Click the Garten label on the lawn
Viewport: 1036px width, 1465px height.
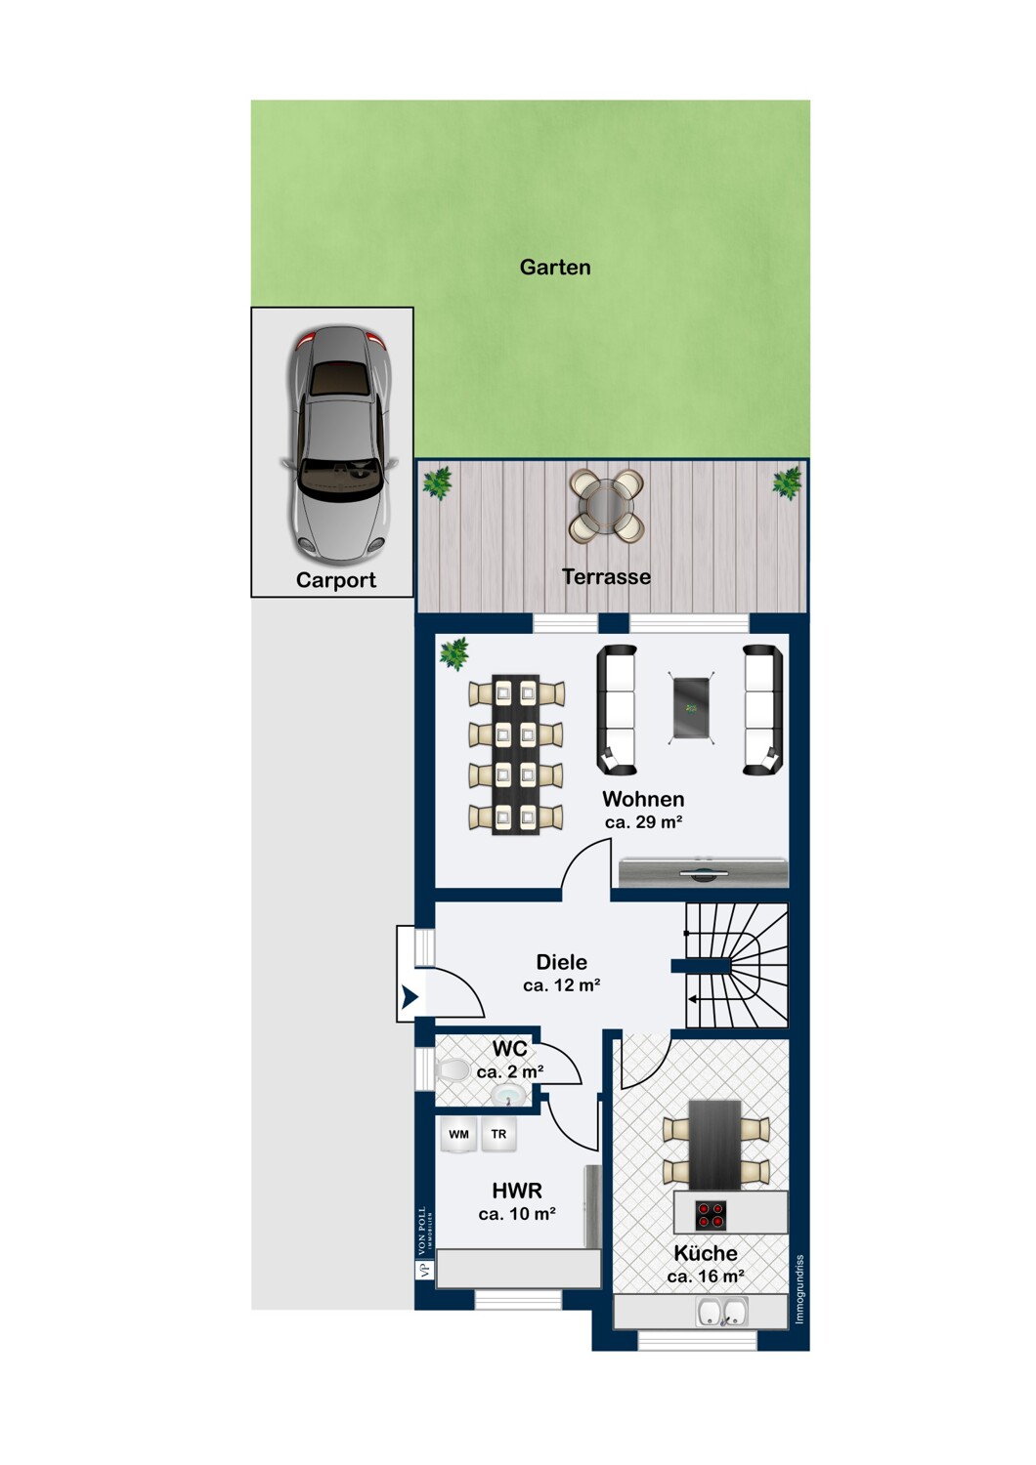pyautogui.click(x=555, y=267)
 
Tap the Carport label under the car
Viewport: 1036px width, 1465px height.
pyautogui.click(x=336, y=580)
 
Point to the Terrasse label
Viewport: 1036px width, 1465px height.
pyautogui.click(x=606, y=577)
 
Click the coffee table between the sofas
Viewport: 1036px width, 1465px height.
pyautogui.click(x=691, y=708)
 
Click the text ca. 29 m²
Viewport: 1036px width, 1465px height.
pyautogui.click(x=643, y=822)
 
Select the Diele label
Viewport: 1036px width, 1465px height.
pyautogui.click(x=562, y=962)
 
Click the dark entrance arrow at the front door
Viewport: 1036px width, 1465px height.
pyautogui.click(x=410, y=997)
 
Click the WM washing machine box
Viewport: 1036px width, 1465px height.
pyautogui.click(x=458, y=1135)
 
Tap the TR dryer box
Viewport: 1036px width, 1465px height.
pyautogui.click(x=498, y=1135)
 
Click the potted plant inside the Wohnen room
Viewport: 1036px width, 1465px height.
pyautogui.click(x=454, y=653)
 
